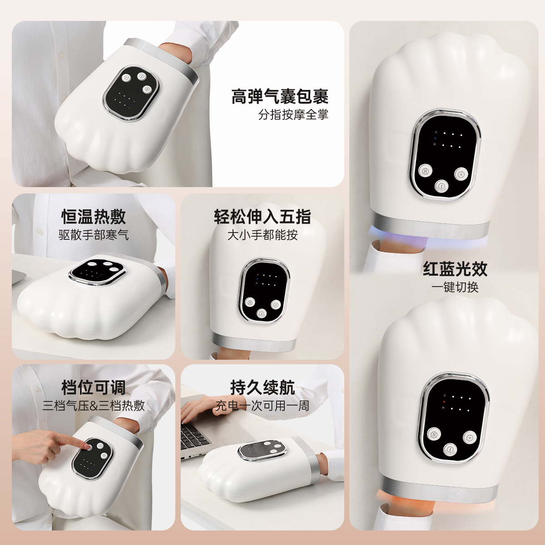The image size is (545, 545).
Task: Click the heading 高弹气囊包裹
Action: coord(280,96)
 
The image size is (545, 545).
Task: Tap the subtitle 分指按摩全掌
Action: coord(293,115)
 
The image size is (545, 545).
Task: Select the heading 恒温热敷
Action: coord(94,217)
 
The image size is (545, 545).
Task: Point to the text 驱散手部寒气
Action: coord(94,235)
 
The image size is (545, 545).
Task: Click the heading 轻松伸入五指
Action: coord(262,217)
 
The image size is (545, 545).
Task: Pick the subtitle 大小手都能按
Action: coord(262,235)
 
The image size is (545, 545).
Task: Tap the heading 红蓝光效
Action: coord(455,269)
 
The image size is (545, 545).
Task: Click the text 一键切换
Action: coord(455,287)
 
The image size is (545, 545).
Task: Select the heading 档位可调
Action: coord(94,387)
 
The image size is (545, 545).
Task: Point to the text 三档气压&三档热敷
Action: coord(94,406)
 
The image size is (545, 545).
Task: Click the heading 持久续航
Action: coord(262,387)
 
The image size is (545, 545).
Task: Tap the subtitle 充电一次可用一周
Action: coord(262,406)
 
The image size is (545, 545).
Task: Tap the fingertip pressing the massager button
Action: coord(86,446)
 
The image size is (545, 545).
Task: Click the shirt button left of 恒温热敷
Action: coord(40,231)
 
